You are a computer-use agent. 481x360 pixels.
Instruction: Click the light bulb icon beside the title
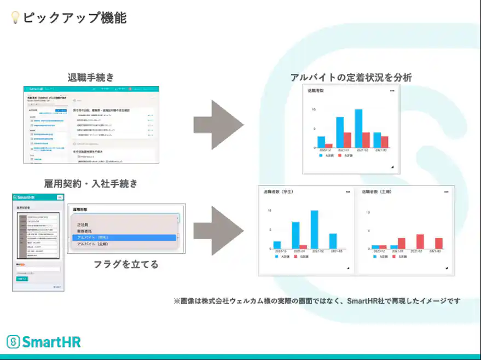point(15,18)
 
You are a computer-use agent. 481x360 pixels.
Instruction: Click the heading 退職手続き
point(91,77)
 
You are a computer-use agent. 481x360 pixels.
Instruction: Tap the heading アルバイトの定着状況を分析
point(351,78)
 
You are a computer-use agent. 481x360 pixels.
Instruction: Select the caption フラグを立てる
point(126,264)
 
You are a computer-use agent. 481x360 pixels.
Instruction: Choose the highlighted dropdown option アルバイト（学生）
point(124,237)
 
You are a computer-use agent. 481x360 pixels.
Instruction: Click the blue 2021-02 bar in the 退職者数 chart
point(358,129)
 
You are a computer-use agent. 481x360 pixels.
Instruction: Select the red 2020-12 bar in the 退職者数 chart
point(329,146)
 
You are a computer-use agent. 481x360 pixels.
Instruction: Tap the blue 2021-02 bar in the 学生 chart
point(314,230)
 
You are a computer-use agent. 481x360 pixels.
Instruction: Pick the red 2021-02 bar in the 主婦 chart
point(420,242)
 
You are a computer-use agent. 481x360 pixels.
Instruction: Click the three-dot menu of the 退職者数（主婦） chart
point(446,192)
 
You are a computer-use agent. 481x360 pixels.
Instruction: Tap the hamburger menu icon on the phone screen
point(60,197)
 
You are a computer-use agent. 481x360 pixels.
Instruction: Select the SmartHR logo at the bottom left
point(44,342)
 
